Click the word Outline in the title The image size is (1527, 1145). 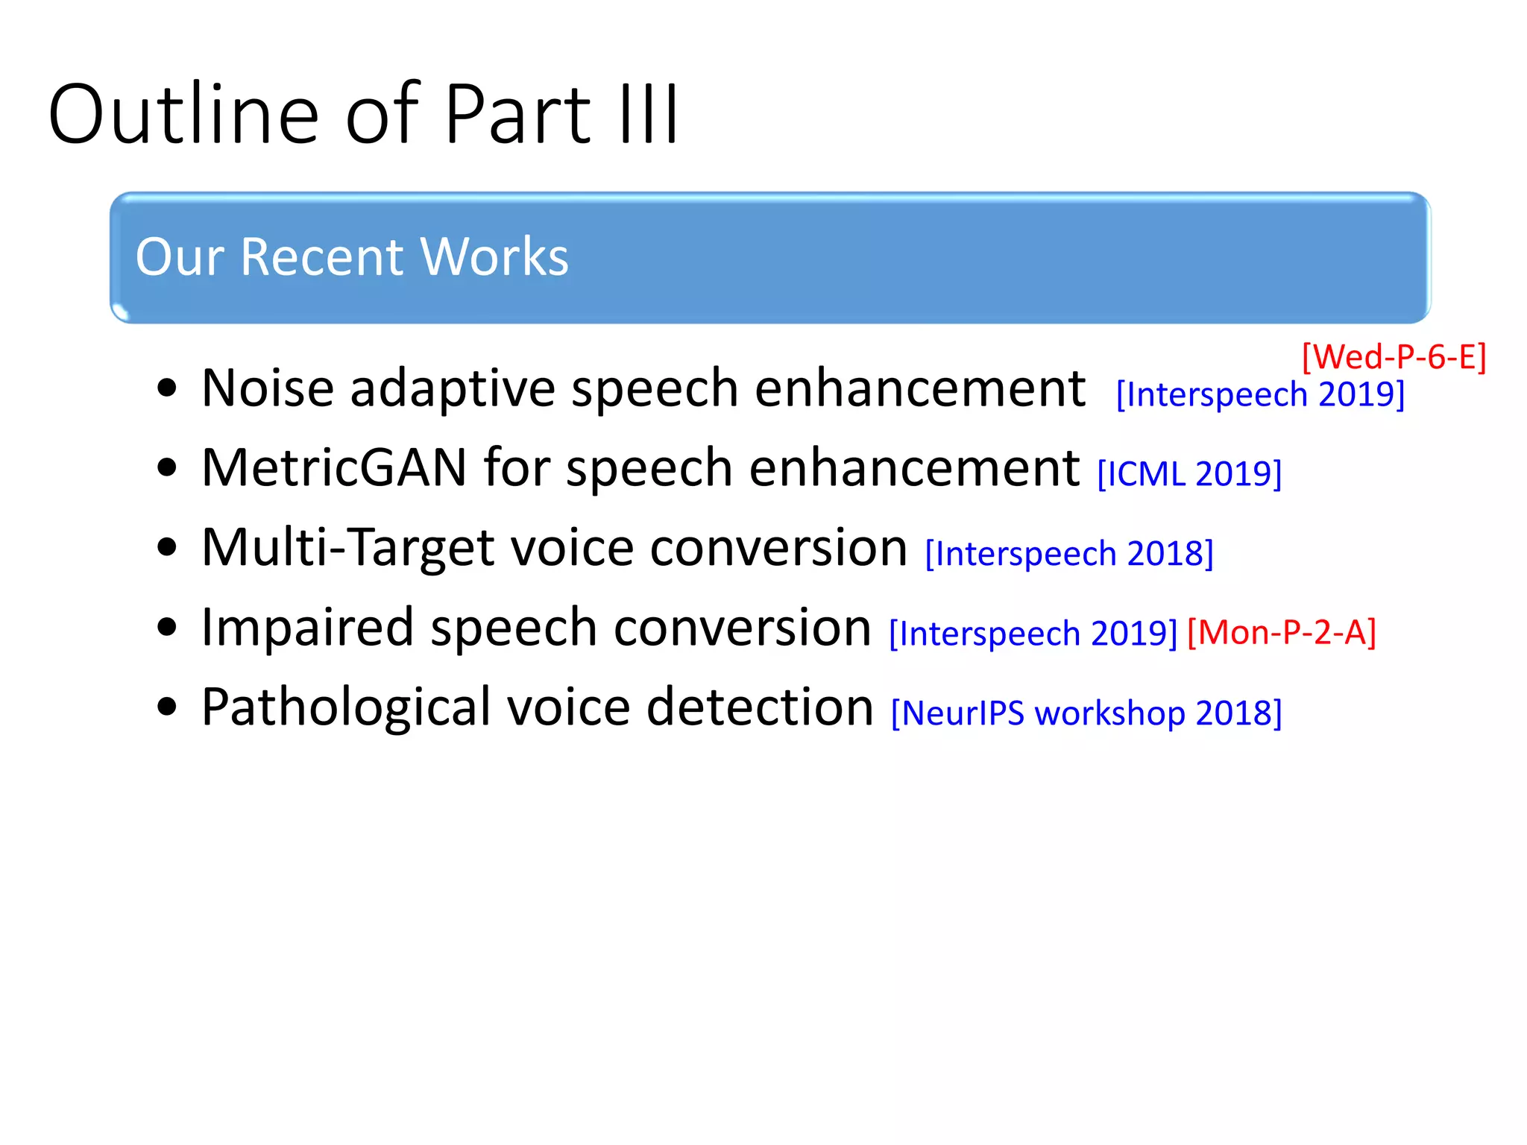tap(183, 115)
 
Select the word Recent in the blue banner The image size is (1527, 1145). tap(321, 257)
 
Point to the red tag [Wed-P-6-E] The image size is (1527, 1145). tap(1394, 357)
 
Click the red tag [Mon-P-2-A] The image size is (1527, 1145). tap(1281, 633)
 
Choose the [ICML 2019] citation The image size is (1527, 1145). tap(1189, 474)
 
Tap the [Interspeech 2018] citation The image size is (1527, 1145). tap(1069, 554)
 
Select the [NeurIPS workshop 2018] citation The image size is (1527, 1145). tap(1086, 713)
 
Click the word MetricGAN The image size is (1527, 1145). tap(334, 468)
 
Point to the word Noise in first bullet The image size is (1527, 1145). tap(268, 388)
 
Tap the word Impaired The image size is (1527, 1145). tap(307, 628)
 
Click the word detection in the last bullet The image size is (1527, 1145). tap(759, 707)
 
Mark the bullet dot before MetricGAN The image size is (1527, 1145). tap(168, 468)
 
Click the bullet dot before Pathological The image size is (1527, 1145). tap(168, 707)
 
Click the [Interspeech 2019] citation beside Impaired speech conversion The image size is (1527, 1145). tap(1033, 634)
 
